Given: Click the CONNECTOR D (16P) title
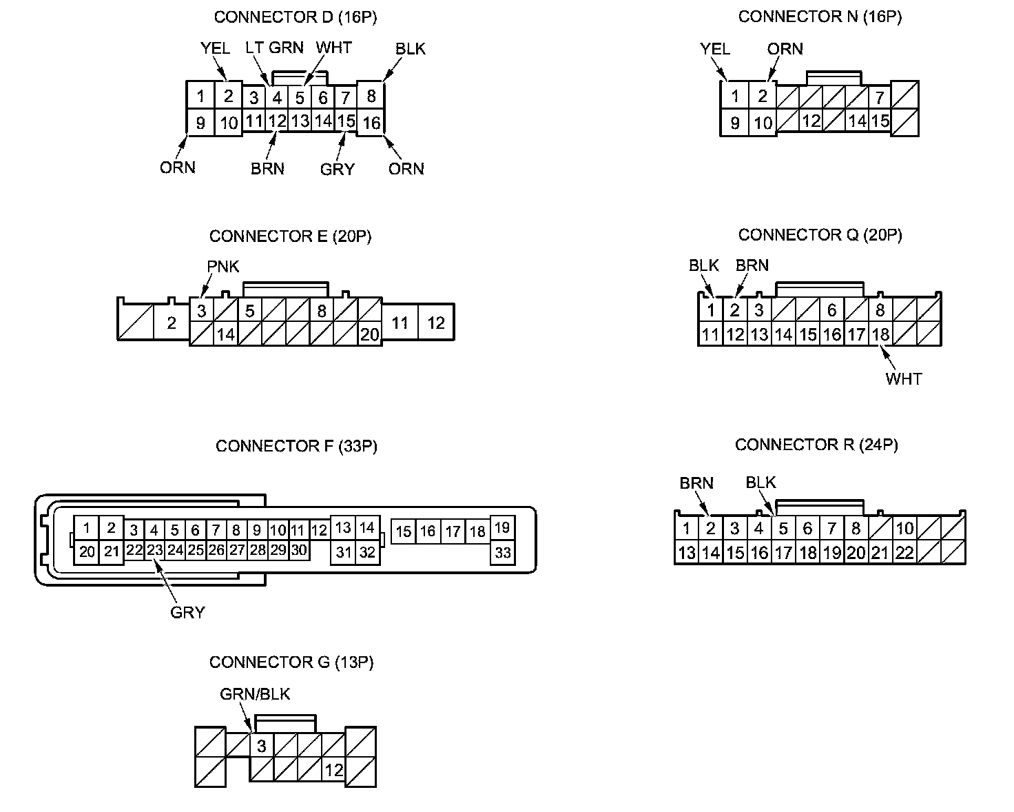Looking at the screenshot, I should click(296, 17).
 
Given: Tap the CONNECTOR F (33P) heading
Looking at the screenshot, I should click(296, 446).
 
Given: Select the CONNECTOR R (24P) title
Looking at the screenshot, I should click(816, 445).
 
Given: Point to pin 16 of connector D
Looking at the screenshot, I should click(371, 123).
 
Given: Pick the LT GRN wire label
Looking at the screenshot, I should click(274, 48).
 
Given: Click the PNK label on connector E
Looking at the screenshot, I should click(223, 267).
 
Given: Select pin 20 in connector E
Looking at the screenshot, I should click(369, 334).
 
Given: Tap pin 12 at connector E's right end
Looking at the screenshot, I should click(436, 323).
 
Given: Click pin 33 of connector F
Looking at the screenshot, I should click(503, 553).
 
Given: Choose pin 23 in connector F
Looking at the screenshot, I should click(154, 550).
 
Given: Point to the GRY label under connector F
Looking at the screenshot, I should click(187, 611).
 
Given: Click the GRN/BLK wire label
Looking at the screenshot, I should click(255, 693).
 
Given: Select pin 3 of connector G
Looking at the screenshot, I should click(261, 745).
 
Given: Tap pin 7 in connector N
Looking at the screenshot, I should click(880, 97).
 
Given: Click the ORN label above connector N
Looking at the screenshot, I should click(785, 49).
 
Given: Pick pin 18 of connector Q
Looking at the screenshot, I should click(880, 334).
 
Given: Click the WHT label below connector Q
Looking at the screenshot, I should click(903, 378).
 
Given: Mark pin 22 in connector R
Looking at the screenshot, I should click(904, 552).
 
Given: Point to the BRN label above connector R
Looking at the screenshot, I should click(696, 483).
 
